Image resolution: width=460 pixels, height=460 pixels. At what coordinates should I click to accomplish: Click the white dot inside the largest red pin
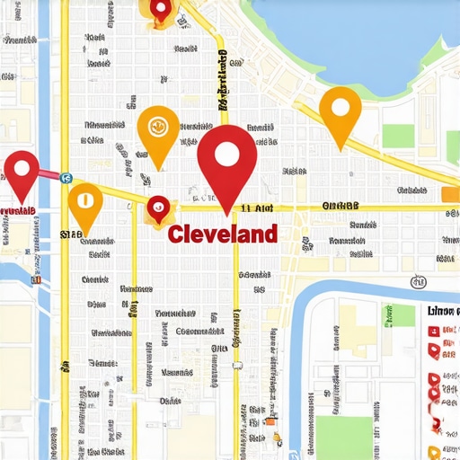[226, 155]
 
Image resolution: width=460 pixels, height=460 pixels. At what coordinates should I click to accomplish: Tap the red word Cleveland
[222, 234]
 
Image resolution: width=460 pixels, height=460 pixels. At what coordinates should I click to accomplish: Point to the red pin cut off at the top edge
[160, 9]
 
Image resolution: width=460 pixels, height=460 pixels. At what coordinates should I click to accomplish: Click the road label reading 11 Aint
[258, 208]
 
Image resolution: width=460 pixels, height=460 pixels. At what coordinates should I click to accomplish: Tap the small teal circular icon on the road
[66, 178]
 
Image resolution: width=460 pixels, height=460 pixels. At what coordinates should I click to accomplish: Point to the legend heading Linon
[443, 311]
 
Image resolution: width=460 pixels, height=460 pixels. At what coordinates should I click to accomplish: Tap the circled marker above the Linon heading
[420, 282]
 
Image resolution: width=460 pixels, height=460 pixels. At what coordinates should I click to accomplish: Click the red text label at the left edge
[18, 211]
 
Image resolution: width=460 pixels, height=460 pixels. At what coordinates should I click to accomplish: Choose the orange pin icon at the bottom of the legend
[435, 452]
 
